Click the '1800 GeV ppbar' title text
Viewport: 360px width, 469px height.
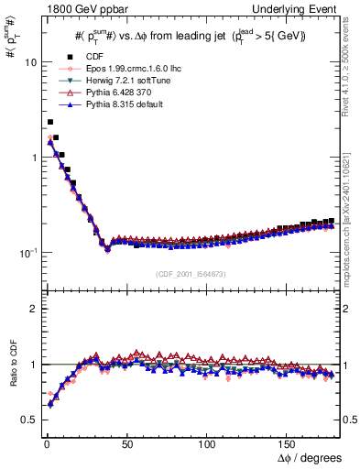[x=74, y=8]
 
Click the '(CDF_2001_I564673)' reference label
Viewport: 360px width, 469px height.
[x=190, y=275]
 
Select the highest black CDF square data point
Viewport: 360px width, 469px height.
[x=50, y=121]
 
